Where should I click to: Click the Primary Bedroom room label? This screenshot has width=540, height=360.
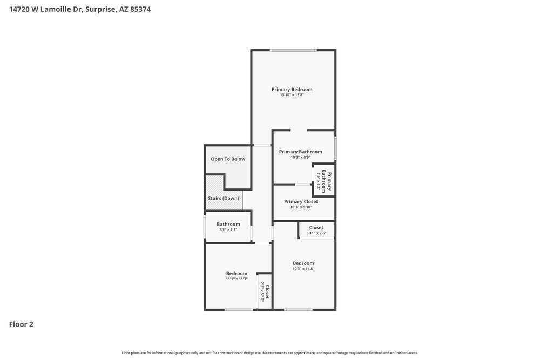(x=292, y=90)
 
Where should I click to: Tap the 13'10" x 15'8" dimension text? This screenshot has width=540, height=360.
(x=292, y=95)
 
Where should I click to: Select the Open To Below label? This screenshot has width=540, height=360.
(x=228, y=159)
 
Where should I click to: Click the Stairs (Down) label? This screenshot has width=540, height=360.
(x=223, y=199)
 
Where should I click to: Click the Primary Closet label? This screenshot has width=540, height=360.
(x=301, y=202)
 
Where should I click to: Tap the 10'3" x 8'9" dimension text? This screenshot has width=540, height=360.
(x=300, y=158)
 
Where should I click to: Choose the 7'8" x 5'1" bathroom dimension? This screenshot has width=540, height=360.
(x=228, y=230)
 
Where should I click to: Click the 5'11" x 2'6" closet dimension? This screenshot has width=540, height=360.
(x=316, y=233)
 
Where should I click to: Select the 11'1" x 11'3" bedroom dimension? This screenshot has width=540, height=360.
(x=237, y=279)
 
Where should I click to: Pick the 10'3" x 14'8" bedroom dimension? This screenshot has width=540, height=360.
(x=303, y=269)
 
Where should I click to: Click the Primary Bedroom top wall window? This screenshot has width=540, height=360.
(x=293, y=50)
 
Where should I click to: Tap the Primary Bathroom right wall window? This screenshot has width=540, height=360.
(x=335, y=148)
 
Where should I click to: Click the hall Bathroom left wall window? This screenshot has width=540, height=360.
(x=205, y=227)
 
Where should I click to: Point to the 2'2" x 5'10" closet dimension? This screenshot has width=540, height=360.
(x=262, y=291)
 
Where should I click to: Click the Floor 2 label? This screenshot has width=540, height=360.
(x=21, y=324)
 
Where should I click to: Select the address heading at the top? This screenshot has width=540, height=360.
(x=80, y=9)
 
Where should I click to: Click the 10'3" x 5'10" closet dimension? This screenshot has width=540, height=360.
(x=301, y=207)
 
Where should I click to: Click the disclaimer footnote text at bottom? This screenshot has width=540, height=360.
(x=269, y=353)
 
